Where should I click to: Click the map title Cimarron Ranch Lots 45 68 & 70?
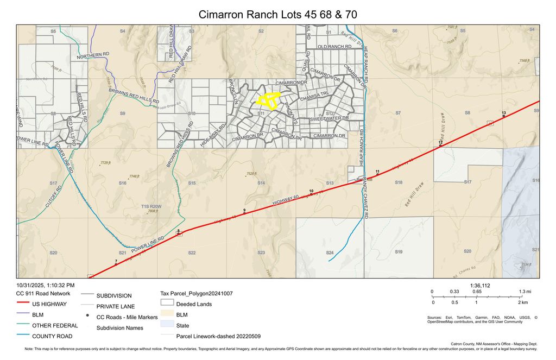click(277, 15)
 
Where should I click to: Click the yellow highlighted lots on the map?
click(267, 100)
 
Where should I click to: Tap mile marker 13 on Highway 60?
click(504, 116)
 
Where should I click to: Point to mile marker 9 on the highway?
click(244, 213)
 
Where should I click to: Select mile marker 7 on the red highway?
click(116, 264)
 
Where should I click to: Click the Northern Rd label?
click(93, 56)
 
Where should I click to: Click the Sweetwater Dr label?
click(329, 118)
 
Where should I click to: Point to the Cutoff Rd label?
click(54, 195)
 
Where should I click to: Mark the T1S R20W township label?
click(151, 206)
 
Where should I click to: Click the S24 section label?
click(330, 253)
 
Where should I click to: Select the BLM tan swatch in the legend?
click(167, 315)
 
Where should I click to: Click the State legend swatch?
click(167, 326)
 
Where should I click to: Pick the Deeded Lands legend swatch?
click(167, 304)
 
